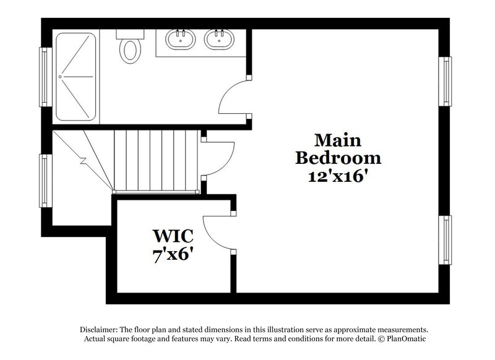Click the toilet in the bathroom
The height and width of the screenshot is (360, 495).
[130, 49]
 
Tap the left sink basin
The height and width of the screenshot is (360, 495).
[180, 40]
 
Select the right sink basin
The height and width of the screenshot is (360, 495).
[218, 40]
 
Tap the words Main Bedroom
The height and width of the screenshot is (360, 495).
[338, 148]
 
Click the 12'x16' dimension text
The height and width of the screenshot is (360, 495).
[338, 176]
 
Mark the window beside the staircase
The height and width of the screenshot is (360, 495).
[45, 180]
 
